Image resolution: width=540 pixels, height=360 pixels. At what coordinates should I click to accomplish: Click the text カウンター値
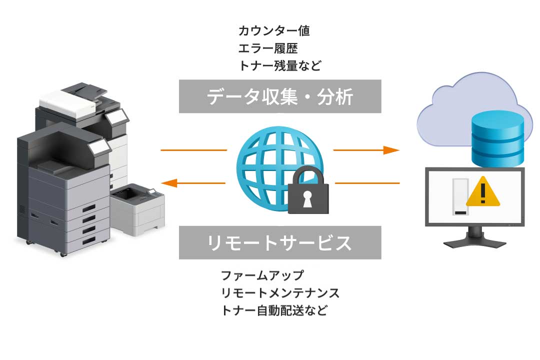pos(274,31)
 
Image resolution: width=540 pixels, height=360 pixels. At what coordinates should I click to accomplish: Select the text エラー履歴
pos(268,48)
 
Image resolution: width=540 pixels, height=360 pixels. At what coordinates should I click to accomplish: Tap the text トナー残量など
pos(279,66)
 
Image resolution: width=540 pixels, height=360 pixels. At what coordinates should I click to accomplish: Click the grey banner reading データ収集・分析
pos(280,96)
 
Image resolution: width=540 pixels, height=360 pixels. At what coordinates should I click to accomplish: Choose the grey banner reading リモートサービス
pos(280,243)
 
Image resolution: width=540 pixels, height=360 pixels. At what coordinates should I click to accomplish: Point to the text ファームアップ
pos(262,275)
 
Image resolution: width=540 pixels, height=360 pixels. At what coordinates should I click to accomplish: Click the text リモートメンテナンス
pos(280,292)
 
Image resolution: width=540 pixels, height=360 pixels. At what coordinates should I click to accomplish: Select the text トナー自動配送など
pos(274,310)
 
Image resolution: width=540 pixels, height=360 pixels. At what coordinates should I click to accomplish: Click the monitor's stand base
pos(474,242)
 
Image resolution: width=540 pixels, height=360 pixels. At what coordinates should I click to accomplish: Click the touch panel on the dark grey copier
pos(100,146)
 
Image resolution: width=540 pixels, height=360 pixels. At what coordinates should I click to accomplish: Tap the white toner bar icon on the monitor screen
pos(460,197)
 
